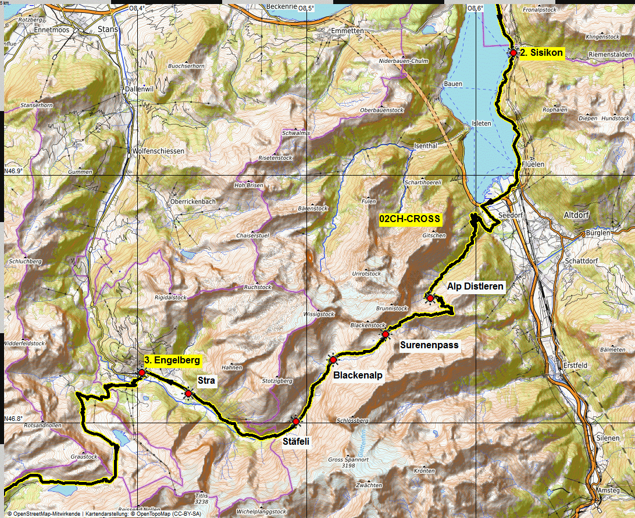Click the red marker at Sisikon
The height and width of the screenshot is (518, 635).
coord(513,52)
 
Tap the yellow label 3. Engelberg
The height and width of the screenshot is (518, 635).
coord(172,360)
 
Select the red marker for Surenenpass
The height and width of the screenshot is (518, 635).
coord(385,334)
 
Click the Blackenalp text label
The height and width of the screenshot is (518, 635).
coord(358,376)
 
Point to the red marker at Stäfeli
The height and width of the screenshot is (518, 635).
coord(295,421)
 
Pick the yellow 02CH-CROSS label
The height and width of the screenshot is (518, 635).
coord(410,219)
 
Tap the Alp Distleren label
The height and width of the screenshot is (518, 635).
coord(475,286)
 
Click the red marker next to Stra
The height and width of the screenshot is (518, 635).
coord(188,394)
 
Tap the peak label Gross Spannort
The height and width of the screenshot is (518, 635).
coord(344,459)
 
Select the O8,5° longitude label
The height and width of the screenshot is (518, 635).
coord(306,8)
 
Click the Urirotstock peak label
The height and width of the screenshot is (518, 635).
coord(367,273)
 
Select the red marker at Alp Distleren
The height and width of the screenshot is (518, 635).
coord(430,298)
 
